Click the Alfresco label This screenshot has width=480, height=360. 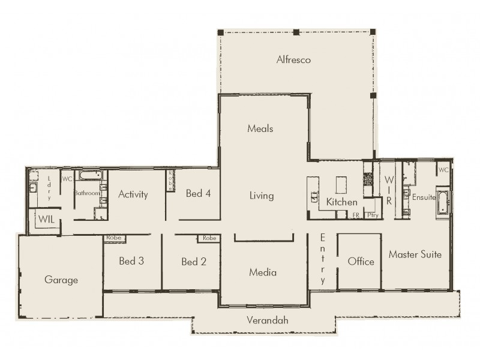pos(293,59)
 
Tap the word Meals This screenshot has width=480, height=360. pos(260,128)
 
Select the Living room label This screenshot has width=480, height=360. pos(261,196)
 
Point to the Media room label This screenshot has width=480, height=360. pos(262,272)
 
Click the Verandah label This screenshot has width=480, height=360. pos(267,320)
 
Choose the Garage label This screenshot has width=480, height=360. pos(61,280)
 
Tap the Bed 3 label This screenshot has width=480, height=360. pos(131,261)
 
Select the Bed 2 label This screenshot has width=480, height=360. pos(194,261)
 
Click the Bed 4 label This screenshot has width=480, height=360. pos(198,193)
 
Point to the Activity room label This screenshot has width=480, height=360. pos(133,194)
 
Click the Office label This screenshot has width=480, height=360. pos(361,261)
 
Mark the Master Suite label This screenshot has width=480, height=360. pos(415,254)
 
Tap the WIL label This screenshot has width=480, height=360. pos(47,220)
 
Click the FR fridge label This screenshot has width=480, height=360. pos(356,214)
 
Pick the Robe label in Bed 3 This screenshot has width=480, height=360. pos(114,238)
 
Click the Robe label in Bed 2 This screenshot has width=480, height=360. pos(209,238)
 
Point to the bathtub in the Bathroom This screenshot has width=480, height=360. pos(92,175)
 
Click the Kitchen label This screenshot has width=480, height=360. pos(341,202)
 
